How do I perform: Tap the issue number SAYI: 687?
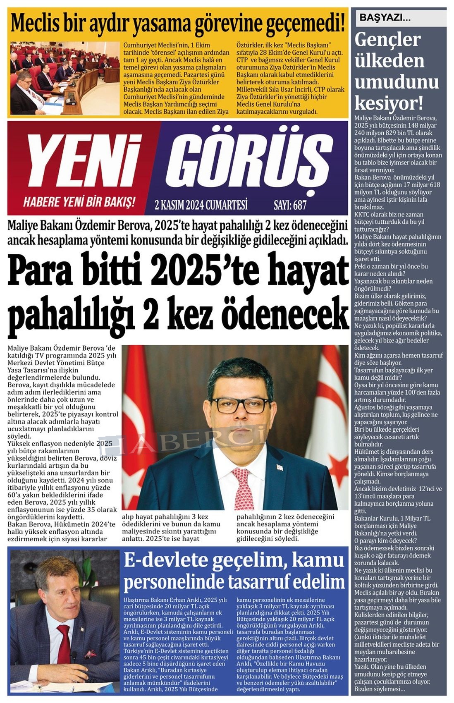click(290, 205)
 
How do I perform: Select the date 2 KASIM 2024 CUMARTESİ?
click(201, 205)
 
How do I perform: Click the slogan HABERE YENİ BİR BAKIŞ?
click(79, 202)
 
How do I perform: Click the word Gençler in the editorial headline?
click(387, 40)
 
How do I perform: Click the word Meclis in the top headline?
click(35, 24)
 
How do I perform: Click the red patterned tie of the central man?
click(244, 488)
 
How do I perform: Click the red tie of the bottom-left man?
click(64, 649)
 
